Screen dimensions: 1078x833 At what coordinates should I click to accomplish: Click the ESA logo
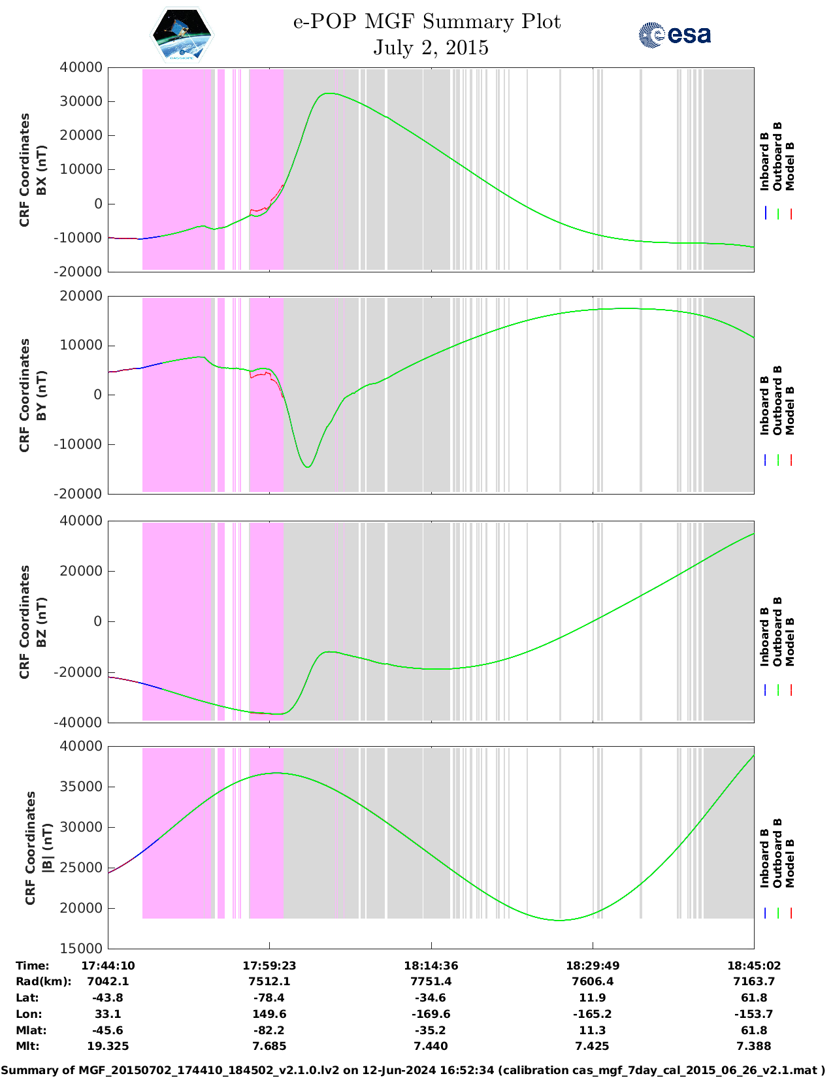coord(675,35)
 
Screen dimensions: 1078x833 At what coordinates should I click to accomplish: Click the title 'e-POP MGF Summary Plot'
coord(427,22)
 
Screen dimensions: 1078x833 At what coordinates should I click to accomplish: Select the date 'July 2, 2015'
coord(431,48)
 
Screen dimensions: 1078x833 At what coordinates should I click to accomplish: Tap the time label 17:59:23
coord(269,966)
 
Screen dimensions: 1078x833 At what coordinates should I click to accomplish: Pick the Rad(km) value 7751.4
coord(431,981)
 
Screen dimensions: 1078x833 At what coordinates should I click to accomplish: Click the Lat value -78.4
coord(269,998)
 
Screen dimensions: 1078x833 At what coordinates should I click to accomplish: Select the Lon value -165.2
coord(592,1014)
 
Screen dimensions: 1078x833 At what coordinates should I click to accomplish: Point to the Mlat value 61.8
coord(754,1030)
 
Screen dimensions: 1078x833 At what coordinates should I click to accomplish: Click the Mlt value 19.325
coord(108,1046)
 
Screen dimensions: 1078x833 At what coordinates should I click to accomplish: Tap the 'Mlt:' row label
coord(27,1046)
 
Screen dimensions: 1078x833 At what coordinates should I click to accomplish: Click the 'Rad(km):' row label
coord(43,981)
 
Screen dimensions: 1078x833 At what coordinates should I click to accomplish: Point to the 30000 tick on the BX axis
coord(81,101)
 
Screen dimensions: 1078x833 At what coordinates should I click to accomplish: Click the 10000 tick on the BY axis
coord(81,346)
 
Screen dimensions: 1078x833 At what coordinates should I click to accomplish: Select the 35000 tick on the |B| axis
coord(81,787)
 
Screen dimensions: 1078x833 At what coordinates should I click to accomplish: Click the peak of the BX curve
coord(328,93)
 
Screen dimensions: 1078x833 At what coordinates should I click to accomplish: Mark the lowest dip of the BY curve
coord(308,466)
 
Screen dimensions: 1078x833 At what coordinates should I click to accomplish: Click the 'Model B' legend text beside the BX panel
coord(790,166)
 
